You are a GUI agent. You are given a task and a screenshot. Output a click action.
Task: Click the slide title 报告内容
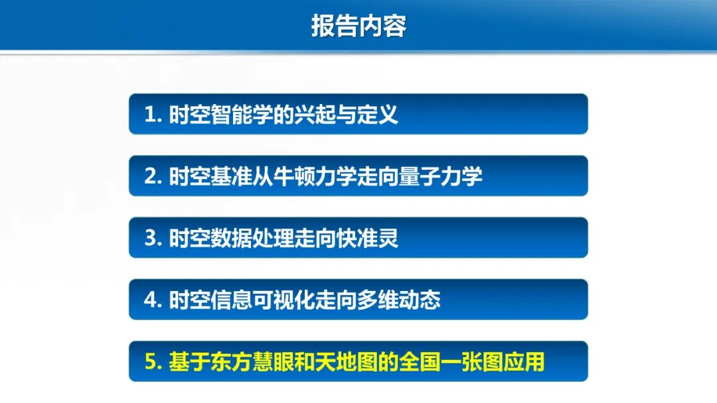click(x=358, y=25)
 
